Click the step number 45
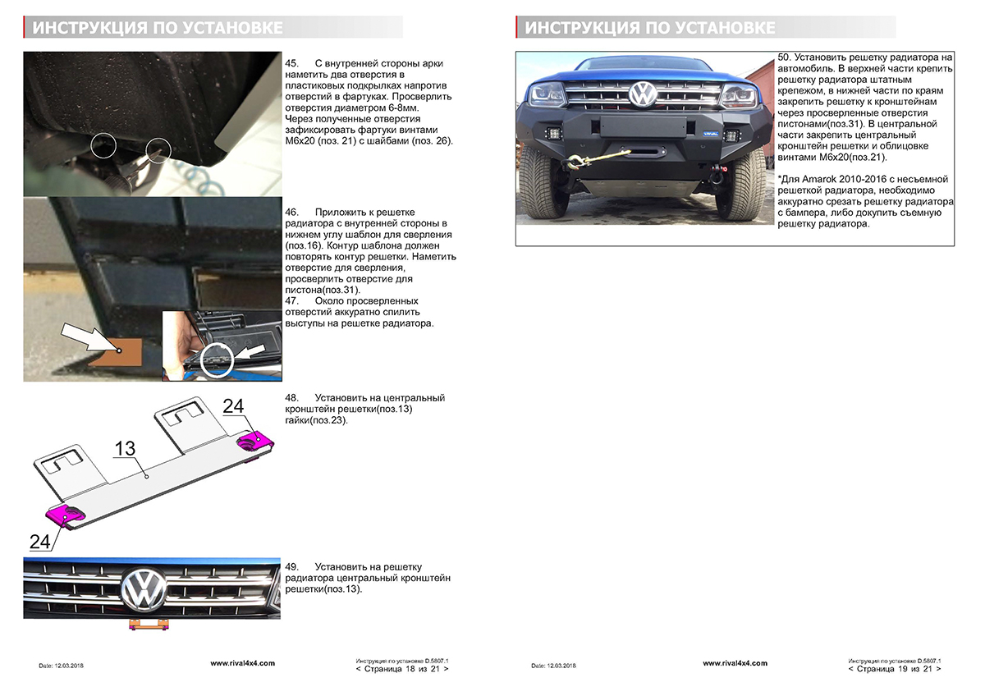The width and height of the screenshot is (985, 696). click(291, 63)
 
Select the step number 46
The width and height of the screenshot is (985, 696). click(291, 212)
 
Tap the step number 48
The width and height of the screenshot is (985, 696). click(291, 398)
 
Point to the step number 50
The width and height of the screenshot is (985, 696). click(783, 57)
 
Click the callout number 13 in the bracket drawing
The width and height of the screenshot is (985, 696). click(125, 448)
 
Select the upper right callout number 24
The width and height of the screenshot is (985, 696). click(234, 405)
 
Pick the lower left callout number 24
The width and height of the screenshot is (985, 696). click(39, 541)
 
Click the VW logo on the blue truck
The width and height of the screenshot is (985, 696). click(640, 94)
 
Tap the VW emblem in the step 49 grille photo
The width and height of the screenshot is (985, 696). click(144, 589)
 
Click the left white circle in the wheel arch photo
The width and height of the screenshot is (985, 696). click(103, 144)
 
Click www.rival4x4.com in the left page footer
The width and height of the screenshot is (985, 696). click(242, 662)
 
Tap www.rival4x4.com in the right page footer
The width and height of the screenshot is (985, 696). click(735, 662)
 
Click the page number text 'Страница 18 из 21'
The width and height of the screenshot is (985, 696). click(402, 669)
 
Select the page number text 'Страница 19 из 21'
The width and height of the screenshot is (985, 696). click(895, 669)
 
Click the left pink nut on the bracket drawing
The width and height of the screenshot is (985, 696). click(66, 515)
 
